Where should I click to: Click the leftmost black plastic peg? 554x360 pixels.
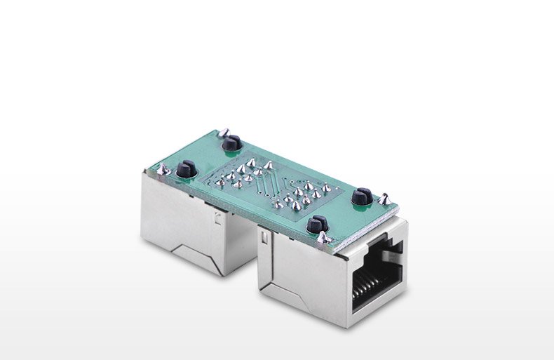pos(186,169)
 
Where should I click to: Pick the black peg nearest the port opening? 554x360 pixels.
pos(316,225)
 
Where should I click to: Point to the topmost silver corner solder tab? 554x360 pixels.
pos(224,133)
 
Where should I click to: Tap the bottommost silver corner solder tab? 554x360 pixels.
pos(323,239)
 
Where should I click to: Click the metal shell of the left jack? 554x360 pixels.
pos(175,218)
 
